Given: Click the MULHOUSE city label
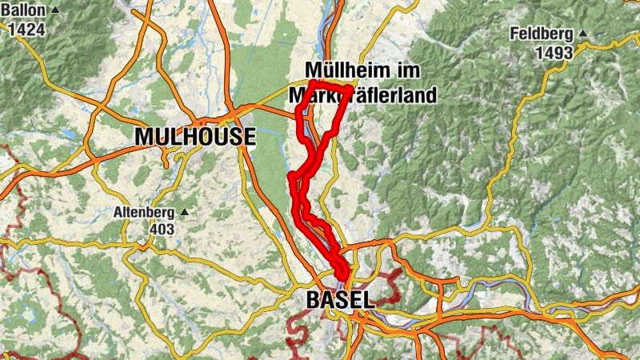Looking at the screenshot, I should coord(194,137).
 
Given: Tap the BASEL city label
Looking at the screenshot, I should coord(340,300).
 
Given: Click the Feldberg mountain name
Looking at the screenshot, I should coord(545,34).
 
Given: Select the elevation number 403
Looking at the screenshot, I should coord(162,230).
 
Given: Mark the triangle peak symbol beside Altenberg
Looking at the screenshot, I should coord(185,213).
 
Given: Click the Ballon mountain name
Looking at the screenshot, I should coord(26,10).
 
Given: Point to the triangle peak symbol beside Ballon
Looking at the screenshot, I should coord(54,10).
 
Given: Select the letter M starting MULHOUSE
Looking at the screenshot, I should coord(144,137).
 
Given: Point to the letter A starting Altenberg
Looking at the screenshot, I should coord(117,213).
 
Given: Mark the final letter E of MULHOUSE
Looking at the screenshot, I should coord(249,137).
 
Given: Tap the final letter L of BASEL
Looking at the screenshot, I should coord(369,300).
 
